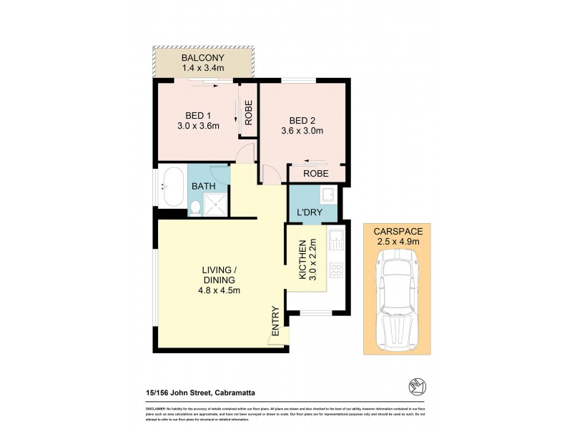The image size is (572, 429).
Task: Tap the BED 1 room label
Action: (198, 116)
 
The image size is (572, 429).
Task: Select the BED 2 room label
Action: (303, 120)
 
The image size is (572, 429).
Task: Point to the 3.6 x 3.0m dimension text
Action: (303, 131)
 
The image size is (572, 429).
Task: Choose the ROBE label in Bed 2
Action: (315, 174)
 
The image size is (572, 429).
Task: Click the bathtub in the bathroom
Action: (172, 191)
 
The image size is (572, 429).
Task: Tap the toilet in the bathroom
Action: (194, 208)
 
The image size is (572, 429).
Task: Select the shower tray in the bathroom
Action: (217, 205)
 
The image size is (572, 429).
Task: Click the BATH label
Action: (203, 187)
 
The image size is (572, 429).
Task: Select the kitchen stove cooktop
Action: (335, 270)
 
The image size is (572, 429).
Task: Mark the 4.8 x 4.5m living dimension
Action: (220, 290)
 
